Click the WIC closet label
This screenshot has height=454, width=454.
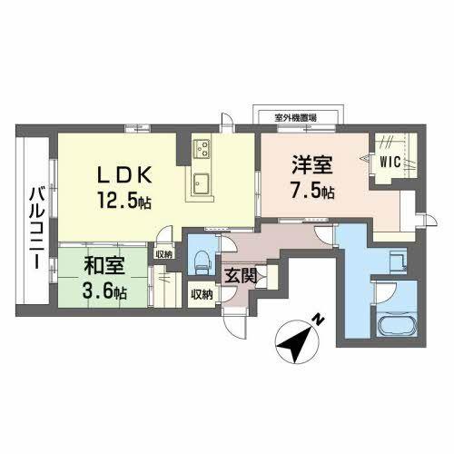click(x=390, y=163)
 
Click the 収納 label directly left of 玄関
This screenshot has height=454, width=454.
click(x=202, y=293)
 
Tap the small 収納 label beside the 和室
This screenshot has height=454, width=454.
click(x=163, y=255)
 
